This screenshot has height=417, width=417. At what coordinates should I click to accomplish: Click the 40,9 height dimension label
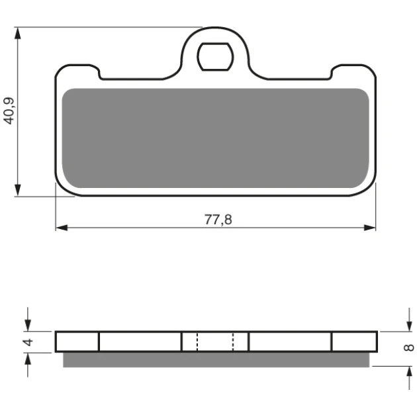tap(9, 111)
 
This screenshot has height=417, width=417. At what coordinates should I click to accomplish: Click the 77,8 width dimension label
tap(218, 220)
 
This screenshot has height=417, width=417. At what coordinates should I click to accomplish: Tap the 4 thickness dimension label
tap(28, 342)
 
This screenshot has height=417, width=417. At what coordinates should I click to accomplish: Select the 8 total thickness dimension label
tap(409, 347)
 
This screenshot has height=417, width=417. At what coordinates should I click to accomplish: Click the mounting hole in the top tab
tap(215, 57)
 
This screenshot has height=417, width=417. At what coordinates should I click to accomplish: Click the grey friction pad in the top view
tap(215, 138)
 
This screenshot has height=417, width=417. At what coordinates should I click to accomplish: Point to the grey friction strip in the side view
tap(216, 359)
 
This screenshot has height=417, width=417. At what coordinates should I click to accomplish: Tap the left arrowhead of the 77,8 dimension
tap(62, 228)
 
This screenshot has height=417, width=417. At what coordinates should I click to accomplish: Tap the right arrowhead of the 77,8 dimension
tap(370, 228)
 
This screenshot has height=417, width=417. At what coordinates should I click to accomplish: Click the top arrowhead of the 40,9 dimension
tap(18, 33)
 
